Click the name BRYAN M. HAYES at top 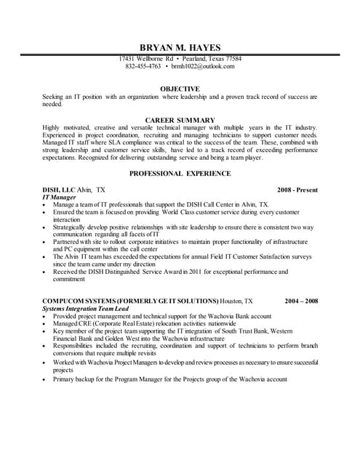coord(180,46)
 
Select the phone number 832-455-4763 coord(143,66)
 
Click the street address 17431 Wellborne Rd coord(146,59)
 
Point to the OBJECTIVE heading coord(180,87)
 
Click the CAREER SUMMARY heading coord(180,119)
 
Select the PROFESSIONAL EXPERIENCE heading coord(180,174)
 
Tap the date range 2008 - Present coord(297,190)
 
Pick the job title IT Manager coord(61,198)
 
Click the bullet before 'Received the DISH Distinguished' coord(46,272)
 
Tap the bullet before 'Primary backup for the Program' coord(46,379)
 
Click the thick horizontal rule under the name coord(180,54)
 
